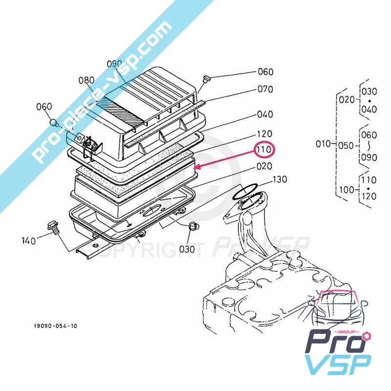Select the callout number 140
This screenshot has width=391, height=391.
(x=29, y=240)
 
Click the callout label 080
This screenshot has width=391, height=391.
(x=87, y=80)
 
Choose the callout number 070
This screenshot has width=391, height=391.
(x=265, y=89)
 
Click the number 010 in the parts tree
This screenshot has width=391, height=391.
(x=323, y=144)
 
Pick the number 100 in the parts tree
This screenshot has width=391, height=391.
(x=346, y=188)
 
